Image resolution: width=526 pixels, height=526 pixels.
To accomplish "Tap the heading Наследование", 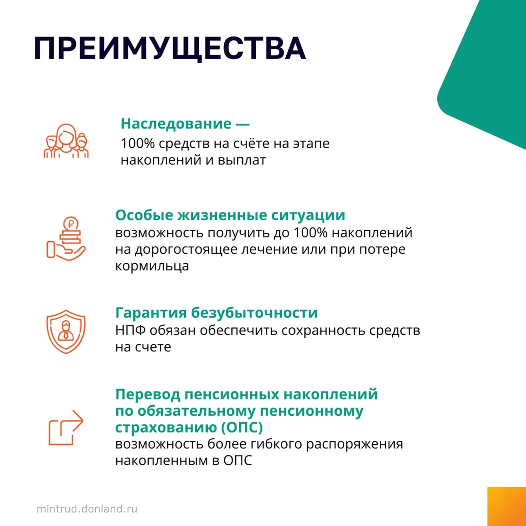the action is tap(176, 124).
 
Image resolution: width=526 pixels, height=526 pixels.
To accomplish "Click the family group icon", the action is tap(66, 141).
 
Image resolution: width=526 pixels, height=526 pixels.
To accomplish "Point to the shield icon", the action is tap(66, 332).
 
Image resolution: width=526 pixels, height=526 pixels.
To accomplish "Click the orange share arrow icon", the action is tap(66, 428).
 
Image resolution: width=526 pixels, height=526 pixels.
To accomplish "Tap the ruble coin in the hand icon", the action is tap(71, 224).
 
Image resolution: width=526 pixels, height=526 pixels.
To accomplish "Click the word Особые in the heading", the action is tap(144, 216).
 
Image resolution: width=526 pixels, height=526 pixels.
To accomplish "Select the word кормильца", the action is tap(152, 266).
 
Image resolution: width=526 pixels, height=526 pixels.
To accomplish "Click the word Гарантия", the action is tap(151, 313).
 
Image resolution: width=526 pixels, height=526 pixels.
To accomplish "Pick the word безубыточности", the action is tap(254, 313).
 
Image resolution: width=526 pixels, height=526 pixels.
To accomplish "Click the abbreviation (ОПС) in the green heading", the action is tap(242, 428).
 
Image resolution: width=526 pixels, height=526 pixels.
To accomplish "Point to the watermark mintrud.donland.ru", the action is tap(87, 509).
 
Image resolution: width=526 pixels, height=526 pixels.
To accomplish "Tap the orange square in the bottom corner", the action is tap(507, 506).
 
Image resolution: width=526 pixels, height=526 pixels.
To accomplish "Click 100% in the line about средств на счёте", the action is tap(138, 144).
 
